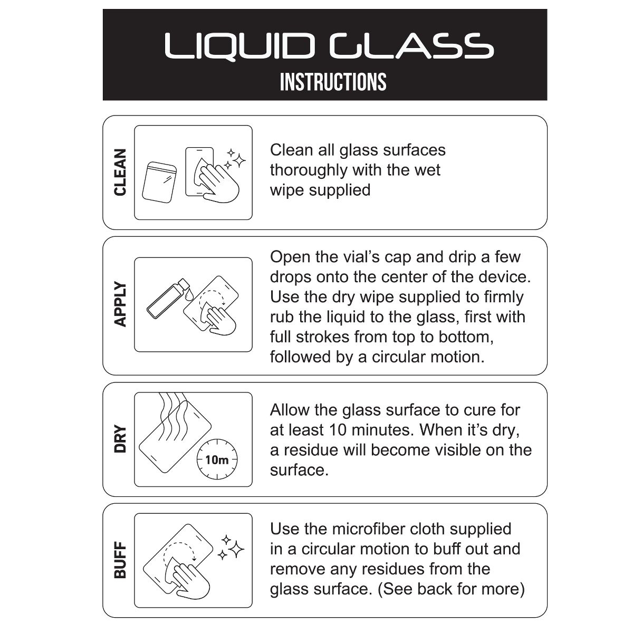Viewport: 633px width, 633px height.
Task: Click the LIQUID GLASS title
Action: pyautogui.click(x=329, y=46)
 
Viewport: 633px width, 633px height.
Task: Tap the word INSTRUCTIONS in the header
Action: pyautogui.click(x=333, y=82)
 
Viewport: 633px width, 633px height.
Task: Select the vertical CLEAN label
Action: pyautogui.click(x=120, y=172)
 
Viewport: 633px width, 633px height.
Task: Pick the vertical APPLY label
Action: pyautogui.click(x=120, y=304)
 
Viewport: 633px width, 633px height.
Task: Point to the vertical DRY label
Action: pyautogui.click(x=120, y=439)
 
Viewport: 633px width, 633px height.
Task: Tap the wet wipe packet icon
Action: pyautogui.click(x=159, y=182)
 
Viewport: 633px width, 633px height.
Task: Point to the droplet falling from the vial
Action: pyautogui.click(x=189, y=295)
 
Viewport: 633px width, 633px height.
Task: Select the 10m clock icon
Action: pyautogui.click(x=217, y=459)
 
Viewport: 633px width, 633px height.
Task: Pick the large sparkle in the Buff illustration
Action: pyautogui.click(x=236, y=549)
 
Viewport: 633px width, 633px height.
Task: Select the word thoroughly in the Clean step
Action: pyautogui.click(x=309, y=170)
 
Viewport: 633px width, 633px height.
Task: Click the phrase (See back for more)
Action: pyautogui.click(x=451, y=589)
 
